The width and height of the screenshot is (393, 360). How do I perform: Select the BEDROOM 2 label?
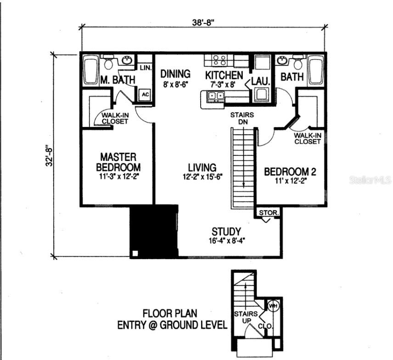(x=290, y=172)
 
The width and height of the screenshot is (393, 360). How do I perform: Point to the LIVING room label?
(x=202, y=168)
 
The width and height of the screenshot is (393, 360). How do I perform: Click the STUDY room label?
(x=226, y=231)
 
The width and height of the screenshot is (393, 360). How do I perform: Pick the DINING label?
(x=175, y=74)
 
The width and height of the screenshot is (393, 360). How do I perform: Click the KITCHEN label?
(x=224, y=75)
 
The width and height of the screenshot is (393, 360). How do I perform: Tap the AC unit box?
(x=145, y=94)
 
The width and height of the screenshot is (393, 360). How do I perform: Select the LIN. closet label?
(x=145, y=68)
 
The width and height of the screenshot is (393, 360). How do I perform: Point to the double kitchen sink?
(x=215, y=96)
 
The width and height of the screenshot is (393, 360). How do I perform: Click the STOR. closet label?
(x=267, y=213)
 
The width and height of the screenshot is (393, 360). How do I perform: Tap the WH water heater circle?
(x=273, y=305)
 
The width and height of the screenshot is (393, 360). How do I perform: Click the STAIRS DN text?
(x=242, y=119)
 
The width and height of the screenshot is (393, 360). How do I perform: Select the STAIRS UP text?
(x=242, y=317)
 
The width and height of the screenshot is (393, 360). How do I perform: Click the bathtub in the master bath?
(x=91, y=70)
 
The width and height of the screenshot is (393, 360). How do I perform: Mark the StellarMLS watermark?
(x=370, y=180)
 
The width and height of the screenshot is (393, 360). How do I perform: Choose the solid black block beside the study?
(x=154, y=231)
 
